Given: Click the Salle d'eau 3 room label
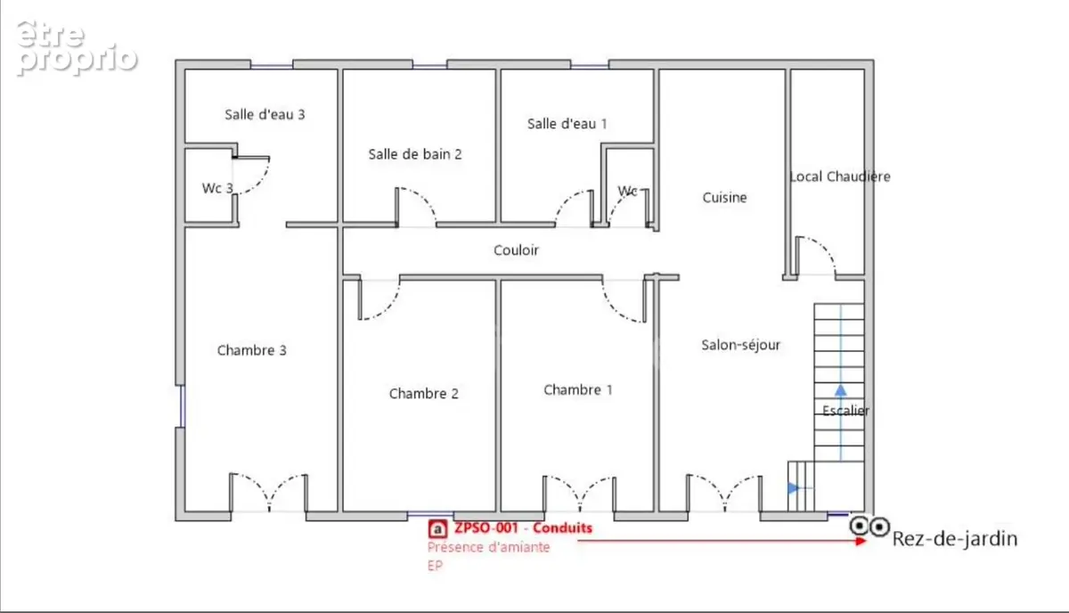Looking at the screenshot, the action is (265, 115).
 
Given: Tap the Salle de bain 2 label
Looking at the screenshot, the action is (415, 154).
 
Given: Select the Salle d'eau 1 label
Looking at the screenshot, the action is (567, 124).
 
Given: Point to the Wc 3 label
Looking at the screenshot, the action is (217, 188).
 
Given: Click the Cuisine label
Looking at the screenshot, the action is (724, 198).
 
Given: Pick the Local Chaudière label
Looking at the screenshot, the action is (840, 176).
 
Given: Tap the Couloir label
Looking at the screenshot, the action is (516, 250).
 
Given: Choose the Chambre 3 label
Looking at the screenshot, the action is (251, 350).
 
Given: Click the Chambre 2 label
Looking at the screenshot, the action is (424, 394).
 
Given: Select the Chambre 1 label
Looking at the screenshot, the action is (578, 390).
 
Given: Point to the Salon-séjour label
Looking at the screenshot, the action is (740, 345).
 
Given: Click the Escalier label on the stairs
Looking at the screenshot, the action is (845, 411).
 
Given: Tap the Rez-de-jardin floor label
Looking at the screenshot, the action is (955, 539).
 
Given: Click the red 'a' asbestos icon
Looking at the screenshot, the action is (437, 529).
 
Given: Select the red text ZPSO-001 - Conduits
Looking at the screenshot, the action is (523, 528).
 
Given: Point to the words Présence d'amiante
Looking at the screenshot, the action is (488, 547).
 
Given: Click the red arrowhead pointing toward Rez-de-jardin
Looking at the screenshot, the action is (861, 541).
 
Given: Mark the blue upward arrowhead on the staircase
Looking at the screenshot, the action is (840, 390).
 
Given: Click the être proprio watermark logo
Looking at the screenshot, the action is (77, 48).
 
